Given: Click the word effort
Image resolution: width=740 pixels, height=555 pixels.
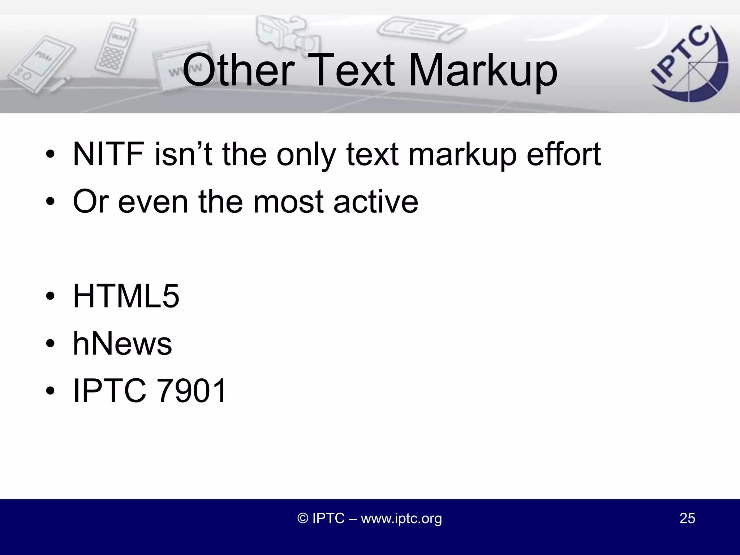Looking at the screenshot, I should coord(564,154).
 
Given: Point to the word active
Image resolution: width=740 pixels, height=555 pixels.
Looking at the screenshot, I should coord(376,202).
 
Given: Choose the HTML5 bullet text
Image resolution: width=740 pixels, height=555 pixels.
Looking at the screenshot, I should coord(126,296).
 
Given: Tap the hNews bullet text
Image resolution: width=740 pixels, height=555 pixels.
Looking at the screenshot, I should coord(122,344).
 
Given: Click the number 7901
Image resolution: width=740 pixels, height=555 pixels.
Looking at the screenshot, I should coord(192,391).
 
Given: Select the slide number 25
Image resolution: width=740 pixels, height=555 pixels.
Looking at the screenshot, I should coord(687,518).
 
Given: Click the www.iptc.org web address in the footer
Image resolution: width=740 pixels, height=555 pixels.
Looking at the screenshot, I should coord(401,518).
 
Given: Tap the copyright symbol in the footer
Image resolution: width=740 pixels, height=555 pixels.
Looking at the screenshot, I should coord(303,518).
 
